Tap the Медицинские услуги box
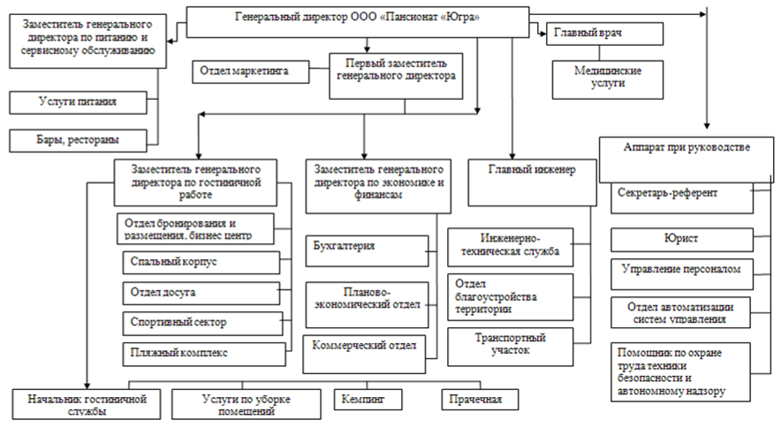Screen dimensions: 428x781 609,78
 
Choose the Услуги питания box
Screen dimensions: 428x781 79,103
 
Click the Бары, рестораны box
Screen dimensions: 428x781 79,140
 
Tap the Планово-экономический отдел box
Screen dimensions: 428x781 366,299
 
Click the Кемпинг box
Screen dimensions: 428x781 363,400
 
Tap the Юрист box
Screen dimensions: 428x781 681,238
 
